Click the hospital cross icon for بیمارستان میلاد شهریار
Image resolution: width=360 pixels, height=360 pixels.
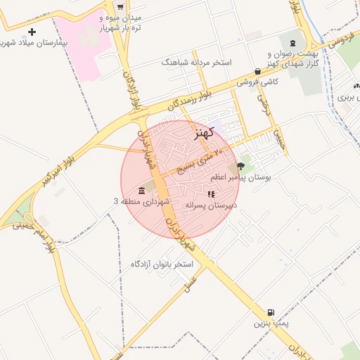[x=32, y=32]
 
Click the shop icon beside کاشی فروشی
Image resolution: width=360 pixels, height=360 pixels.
[x=258, y=71]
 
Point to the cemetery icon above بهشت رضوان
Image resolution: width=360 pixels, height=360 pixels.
[x=292, y=44]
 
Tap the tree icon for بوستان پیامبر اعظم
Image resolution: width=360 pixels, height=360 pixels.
[x=242, y=166]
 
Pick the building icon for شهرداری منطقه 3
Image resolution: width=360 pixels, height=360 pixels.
[x=142, y=191]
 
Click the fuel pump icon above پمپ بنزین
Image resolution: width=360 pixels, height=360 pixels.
[x=271, y=312]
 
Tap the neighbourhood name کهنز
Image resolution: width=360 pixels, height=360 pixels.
[x=202, y=131]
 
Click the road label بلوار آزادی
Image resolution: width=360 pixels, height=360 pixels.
[x=131, y=89]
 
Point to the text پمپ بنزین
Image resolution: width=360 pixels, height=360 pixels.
[x=270, y=323]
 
